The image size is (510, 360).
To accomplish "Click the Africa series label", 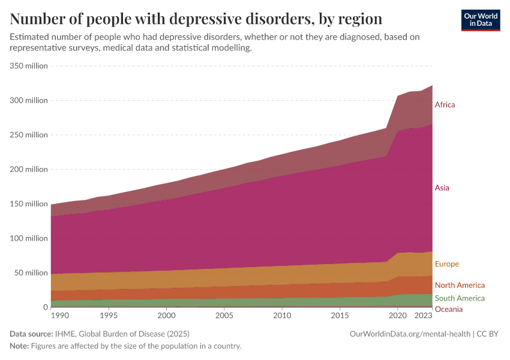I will (445, 105).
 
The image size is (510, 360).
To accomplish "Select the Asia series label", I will (442, 188).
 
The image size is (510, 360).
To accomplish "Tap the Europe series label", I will (446, 264).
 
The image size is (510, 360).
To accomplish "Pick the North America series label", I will (460, 285).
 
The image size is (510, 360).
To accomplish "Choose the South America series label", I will (460, 298).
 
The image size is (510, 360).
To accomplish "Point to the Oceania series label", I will (449, 309).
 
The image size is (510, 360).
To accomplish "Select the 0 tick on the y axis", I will (44, 307).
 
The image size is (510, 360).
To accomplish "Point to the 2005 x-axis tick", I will (224, 315).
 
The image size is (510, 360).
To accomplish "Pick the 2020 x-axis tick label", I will (397, 315).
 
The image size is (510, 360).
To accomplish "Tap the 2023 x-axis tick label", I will (424, 315).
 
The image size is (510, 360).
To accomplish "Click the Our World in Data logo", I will (481, 20).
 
